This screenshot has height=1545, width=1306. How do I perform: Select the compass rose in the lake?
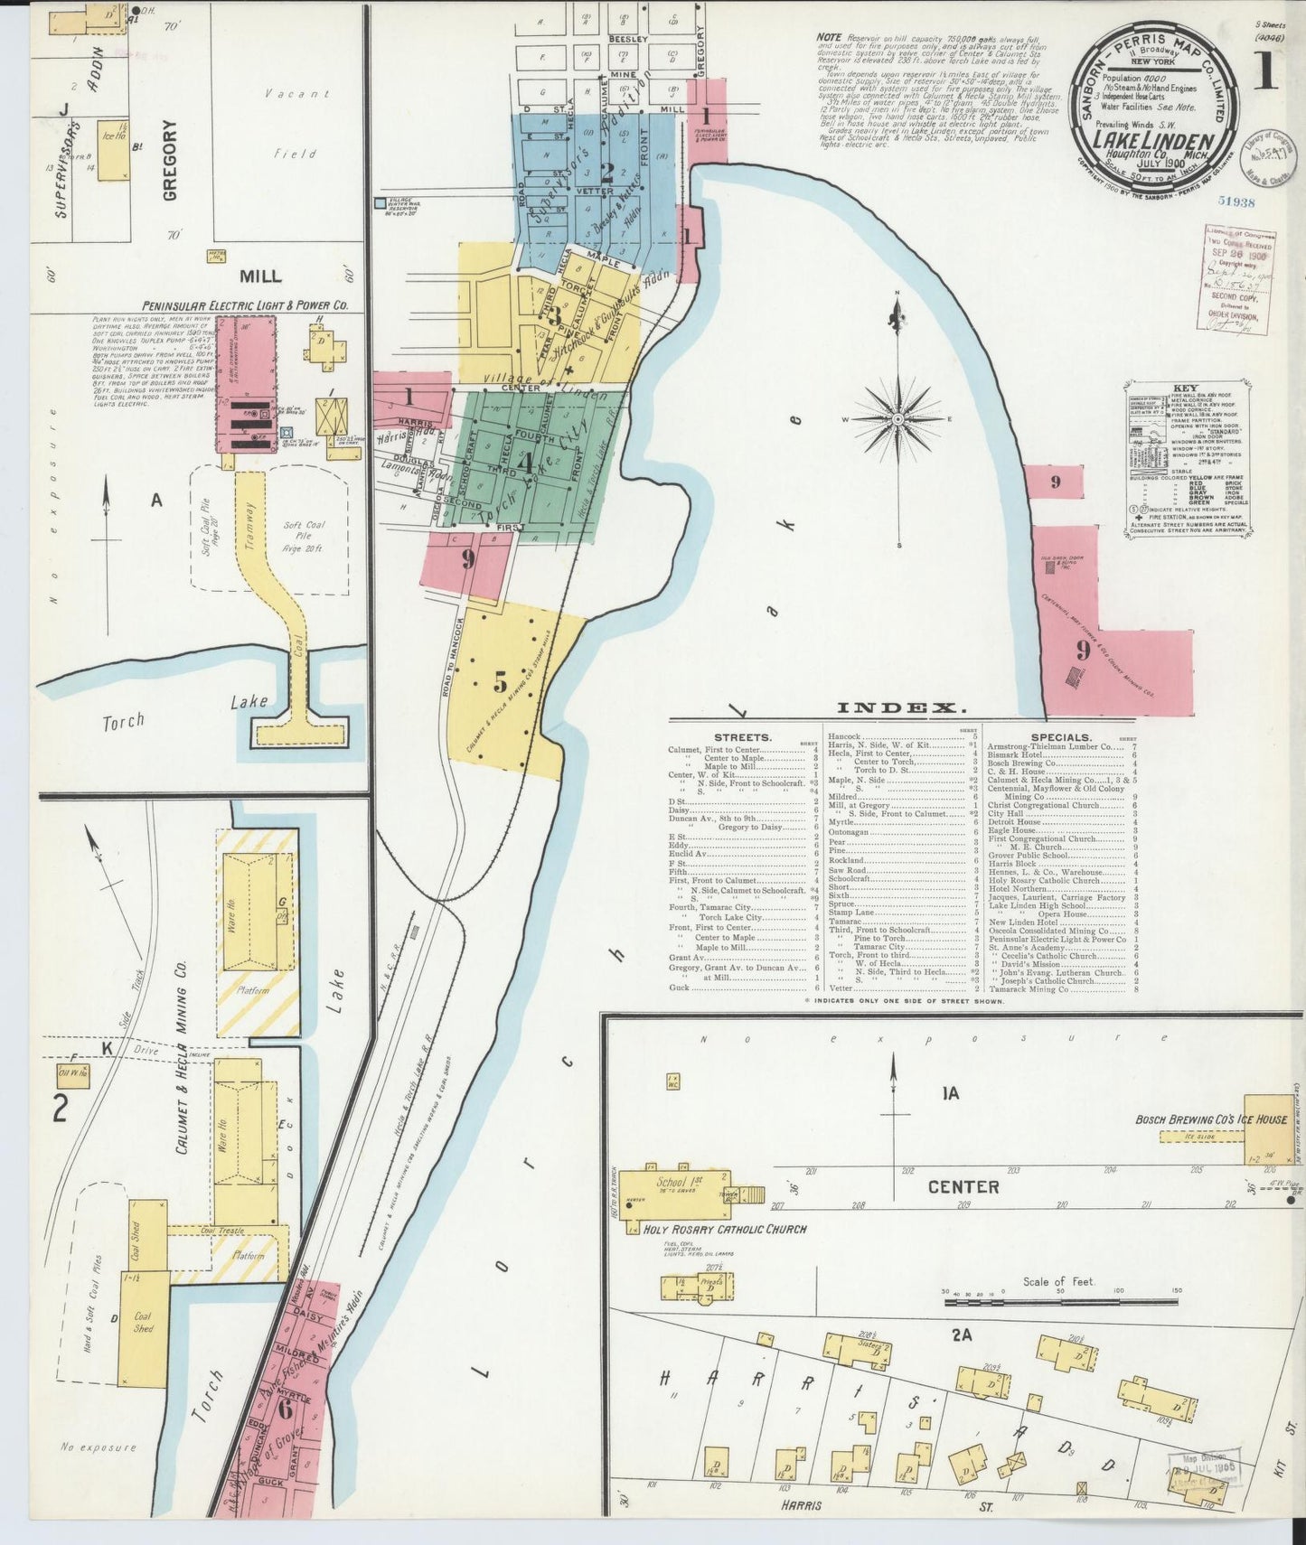point(898,419)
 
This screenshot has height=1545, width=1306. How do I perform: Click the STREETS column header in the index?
point(742,737)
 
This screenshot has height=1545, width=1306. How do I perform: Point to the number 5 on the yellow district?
point(500,684)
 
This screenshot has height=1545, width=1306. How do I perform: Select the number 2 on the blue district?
point(607,171)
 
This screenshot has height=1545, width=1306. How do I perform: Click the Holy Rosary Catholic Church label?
point(724,1230)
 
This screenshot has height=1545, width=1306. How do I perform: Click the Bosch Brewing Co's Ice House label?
point(1211,1119)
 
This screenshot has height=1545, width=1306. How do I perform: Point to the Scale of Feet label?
point(1058,1282)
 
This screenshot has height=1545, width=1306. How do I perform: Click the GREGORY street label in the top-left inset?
point(171,160)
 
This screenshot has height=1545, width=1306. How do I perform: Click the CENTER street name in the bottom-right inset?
point(963,1186)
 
